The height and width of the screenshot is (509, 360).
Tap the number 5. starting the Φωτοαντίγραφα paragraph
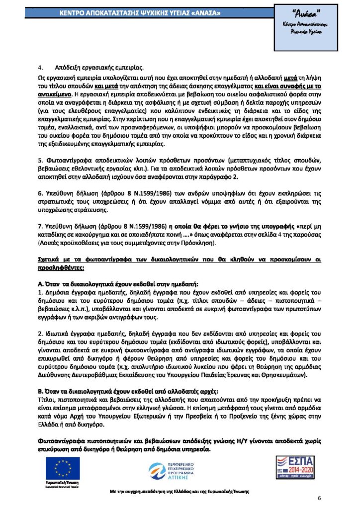[x=40, y=161]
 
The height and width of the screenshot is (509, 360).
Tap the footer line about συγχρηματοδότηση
[x=180, y=491]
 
